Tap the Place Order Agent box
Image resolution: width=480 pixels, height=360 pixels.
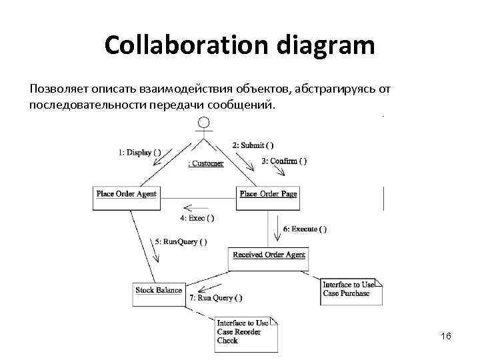click(x=127, y=194)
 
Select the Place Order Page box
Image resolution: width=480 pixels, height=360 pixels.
click(x=268, y=194)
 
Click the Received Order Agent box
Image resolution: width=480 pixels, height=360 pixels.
click(x=269, y=255)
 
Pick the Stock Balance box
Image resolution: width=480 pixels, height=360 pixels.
click(x=159, y=290)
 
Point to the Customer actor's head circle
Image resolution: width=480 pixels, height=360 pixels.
click(x=205, y=123)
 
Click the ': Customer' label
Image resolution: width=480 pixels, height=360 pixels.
click(x=206, y=163)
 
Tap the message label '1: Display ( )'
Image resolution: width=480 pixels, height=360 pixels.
click(x=139, y=152)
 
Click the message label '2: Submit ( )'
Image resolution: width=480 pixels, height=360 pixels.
click(x=253, y=145)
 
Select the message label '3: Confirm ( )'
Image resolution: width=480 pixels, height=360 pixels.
click(x=284, y=161)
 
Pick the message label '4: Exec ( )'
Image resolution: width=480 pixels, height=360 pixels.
click(x=197, y=218)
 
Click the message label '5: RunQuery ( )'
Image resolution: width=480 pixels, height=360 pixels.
click(x=181, y=241)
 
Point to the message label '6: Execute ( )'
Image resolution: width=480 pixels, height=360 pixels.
click(x=305, y=229)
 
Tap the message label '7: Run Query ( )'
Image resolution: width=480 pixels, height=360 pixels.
click(x=215, y=298)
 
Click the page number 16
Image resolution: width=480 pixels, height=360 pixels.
click(x=446, y=337)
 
